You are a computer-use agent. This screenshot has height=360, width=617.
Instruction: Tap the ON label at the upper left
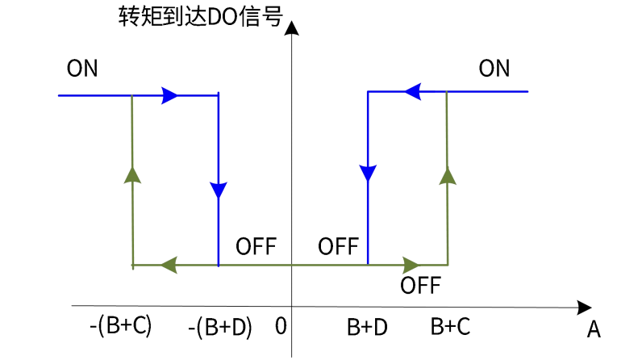pos(82,68)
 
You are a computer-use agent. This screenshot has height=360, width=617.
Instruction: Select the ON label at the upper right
pos(494,68)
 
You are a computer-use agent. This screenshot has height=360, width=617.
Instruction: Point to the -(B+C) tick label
pos(121,326)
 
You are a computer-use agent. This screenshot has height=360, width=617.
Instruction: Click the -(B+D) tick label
pos(219,327)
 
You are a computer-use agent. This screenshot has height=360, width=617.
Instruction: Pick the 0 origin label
pos(281,327)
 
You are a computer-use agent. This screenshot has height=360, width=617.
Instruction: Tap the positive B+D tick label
pos(367,327)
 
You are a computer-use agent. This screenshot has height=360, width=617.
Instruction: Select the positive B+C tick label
pos(450,327)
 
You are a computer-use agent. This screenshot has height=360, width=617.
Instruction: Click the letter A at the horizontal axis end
pos(594,329)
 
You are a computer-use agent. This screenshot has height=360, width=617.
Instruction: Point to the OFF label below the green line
pos(420,285)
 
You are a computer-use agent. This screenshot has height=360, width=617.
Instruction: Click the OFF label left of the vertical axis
pos(256,246)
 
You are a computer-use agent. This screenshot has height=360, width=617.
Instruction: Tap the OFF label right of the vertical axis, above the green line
pos(338,246)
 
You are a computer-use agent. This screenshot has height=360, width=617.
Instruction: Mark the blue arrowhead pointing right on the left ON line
pos(170,95)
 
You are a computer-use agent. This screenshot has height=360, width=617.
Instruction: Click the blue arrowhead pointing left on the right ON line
pos(413,92)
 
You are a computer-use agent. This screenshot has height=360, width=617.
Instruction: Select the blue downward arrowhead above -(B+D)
pos(218,190)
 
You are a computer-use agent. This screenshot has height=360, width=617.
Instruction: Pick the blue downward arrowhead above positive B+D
pos(368,174)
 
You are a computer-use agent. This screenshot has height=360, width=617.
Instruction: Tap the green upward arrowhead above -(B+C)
pos(132,174)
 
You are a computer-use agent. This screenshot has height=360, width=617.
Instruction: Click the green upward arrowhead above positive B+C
pos(447,174)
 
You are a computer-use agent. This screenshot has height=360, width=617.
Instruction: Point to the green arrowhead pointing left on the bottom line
pos(169,264)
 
